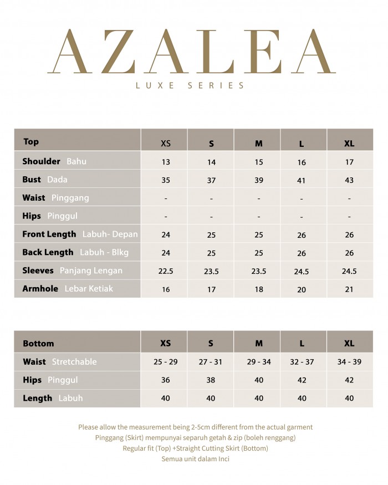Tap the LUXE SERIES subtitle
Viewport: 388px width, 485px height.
(x=190, y=85)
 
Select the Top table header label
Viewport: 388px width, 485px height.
(x=31, y=142)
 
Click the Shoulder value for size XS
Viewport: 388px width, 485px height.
(x=166, y=162)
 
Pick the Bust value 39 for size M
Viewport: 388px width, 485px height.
(x=258, y=180)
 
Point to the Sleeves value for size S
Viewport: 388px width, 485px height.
(x=211, y=271)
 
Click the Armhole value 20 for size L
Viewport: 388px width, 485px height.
(x=302, y=289)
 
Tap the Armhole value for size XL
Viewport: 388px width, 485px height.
(x=349, y=289)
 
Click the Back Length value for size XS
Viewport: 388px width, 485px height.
(x=166, y=253)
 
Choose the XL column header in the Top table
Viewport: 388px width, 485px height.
(x=349, y=144)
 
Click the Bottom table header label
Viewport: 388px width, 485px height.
(x=38, y=344)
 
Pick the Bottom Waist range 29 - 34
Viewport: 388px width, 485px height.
(x=258, y=361)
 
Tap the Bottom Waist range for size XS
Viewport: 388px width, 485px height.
(x=166, y=361)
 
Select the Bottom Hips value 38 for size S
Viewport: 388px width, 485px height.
(x=211, y=380)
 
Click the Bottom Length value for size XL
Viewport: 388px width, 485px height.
(x=349, y=398)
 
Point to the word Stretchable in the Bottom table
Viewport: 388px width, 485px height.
(x=74, y=362)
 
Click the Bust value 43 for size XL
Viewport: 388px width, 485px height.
(x=349, y=180)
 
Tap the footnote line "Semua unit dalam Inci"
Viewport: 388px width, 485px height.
(x=195, y=459)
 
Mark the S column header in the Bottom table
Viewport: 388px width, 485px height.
(x=211, y=344)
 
